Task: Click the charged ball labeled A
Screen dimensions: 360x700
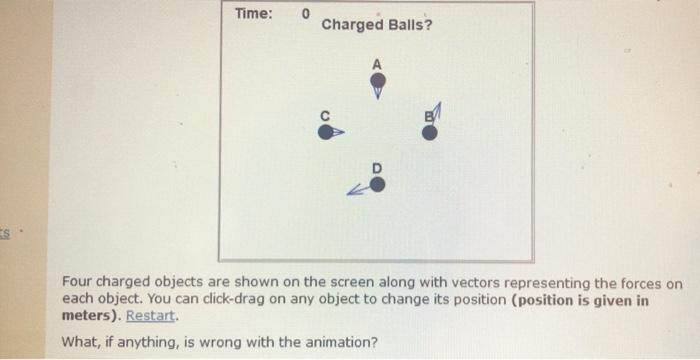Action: point(377,78)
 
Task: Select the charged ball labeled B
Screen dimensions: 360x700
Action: point(429,132)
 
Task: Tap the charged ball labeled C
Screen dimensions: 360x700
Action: point(324,131)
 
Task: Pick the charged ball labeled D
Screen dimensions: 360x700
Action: point(377,184)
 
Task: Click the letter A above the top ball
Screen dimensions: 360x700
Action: point(377,63)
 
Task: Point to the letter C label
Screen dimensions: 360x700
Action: point(324,115)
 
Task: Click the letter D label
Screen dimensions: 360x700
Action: point(377,168)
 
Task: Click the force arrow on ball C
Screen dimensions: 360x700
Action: point(339,131)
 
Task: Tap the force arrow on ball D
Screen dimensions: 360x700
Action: point(357,190)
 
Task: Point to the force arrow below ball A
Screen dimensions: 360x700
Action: point(377,92)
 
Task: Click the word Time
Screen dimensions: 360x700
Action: point(252,13)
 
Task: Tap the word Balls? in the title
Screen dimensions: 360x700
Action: point(411,24)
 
